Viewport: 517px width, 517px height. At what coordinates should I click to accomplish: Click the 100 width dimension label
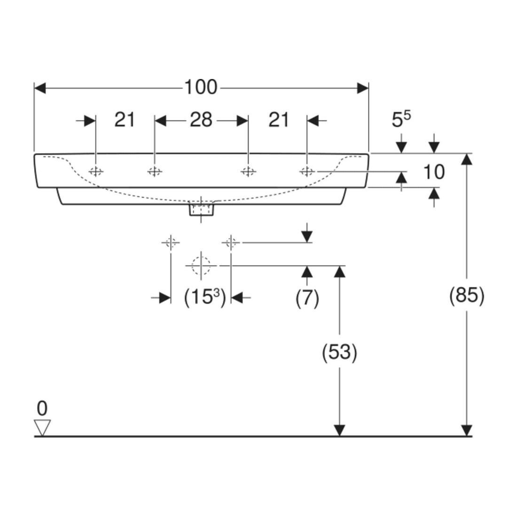tap(201, 87)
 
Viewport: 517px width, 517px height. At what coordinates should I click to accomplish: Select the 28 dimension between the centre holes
tap(201, 120)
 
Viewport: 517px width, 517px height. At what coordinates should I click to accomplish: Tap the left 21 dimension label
tap(125, 120)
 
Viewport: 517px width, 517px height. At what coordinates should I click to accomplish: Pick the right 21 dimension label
tap(279, 120)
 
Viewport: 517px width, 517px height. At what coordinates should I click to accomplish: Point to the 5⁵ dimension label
tap(401, 119)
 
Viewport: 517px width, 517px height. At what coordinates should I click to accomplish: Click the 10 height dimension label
tap(434, 172)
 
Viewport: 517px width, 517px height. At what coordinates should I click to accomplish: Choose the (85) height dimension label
tap(467, 295)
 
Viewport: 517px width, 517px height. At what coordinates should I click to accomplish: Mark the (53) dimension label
tap(339, 352)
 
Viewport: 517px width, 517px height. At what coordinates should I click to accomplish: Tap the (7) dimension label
tap(307, 298)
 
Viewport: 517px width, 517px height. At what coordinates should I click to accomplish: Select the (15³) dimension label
tap(205, 298)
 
